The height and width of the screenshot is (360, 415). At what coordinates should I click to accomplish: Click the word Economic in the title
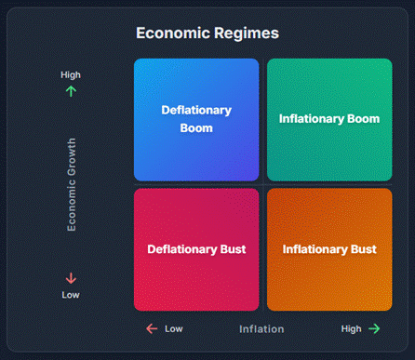click(172, 33)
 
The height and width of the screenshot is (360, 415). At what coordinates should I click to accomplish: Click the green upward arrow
click(71, 91)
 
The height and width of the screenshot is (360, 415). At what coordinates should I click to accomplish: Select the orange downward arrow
click(71, 278)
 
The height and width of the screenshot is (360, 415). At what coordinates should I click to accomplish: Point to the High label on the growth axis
click(71, 75)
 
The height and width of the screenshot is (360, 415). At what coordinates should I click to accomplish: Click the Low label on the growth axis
click(71, 295)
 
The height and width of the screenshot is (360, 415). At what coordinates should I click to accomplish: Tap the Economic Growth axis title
click(72, 184)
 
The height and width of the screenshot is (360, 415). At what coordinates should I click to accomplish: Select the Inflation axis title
click(261, 328)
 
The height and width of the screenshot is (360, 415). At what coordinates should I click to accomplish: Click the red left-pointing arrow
click(152, 328)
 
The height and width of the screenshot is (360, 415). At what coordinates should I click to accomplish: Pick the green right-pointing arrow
click(374, 328)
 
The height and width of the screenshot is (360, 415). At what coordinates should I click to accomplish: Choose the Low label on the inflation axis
click(174, 328)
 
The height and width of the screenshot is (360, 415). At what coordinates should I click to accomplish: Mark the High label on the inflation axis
click(351, 328)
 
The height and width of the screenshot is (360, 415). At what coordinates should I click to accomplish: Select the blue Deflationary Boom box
click(196, 119)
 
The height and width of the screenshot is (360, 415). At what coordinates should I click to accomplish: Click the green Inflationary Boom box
click(329, 119)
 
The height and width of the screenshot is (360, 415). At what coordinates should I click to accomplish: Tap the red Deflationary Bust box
click(196, 249)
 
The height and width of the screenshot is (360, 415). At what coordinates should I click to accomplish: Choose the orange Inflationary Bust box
click(329, 249)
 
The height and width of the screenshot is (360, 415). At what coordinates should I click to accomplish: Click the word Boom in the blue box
click(196, 128)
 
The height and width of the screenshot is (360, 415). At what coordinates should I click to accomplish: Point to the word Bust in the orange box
click(363, 249)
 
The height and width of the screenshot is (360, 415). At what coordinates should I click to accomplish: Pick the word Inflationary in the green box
click(312, 119)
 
